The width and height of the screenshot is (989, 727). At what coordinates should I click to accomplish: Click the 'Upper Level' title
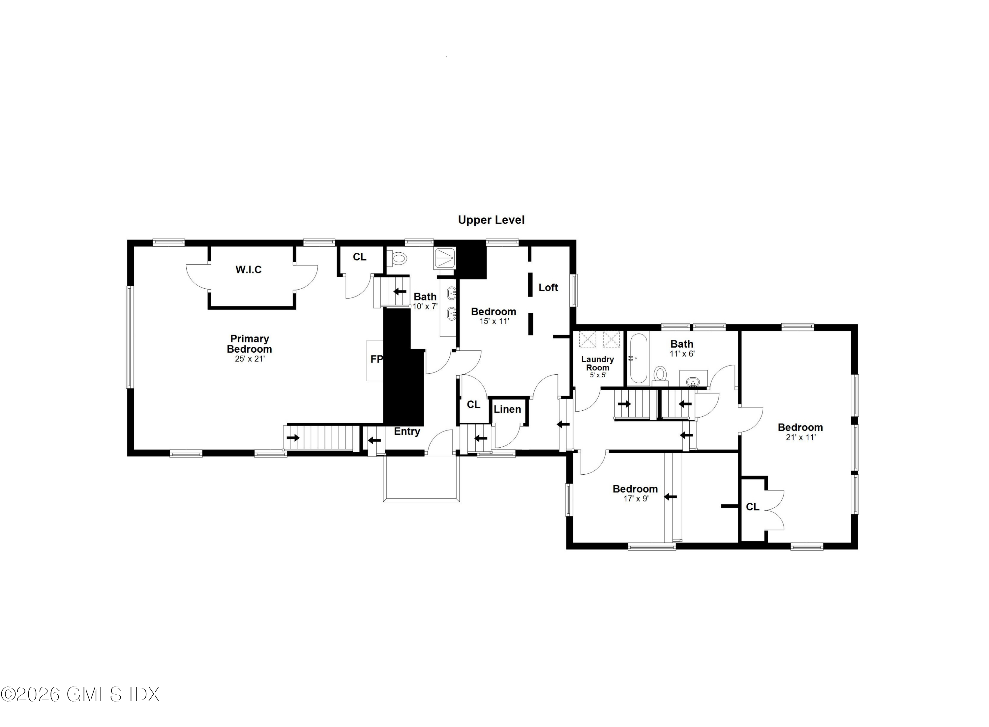pos(491,220)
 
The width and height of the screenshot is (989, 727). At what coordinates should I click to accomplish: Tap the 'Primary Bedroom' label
pos(249,344)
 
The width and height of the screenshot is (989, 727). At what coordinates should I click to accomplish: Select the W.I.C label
pos(249,269)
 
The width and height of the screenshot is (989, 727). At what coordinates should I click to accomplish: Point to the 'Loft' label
pos(548,287)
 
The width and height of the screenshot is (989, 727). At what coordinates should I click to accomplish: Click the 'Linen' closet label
pos(507,409)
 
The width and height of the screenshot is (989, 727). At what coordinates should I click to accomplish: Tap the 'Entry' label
pos(407,431)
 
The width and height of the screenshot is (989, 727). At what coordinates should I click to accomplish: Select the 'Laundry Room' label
pos(597,363)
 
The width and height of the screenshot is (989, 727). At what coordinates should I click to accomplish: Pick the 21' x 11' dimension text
pos(800,437)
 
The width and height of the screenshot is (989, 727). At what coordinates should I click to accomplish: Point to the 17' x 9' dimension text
pos(636,499)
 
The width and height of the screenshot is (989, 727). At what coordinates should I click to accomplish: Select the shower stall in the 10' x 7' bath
pos(445,258)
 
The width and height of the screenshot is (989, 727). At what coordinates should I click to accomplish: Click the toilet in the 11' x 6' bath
pos(660,375)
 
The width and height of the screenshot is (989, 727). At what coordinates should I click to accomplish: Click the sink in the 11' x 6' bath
pos(693,381)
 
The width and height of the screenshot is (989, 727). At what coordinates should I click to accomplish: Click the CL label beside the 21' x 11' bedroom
pos(752,507)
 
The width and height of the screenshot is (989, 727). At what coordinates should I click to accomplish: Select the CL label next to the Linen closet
pos(473,404)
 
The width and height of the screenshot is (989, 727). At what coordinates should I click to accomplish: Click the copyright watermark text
pos(80,694)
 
